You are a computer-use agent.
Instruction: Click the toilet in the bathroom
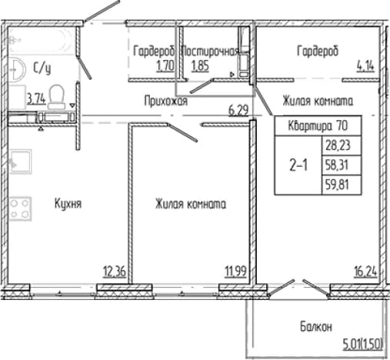(x=56, y=97)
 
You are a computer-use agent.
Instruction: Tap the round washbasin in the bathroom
(x=17, y=69)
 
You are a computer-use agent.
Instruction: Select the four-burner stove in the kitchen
(x=20, y=208)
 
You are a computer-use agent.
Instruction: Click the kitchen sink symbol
(x=20, y=162)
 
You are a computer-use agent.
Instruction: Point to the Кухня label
(x=68, y=204)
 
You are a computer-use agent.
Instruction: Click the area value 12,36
(x=115, y=272)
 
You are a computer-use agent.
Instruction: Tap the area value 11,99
(x=235, y=272)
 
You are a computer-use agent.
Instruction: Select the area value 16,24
(x=365, y=272)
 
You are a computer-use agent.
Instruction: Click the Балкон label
(x=316, y=327)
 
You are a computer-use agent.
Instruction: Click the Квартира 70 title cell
(x=318, y=126)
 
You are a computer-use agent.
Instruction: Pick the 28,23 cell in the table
(x=342, y=145)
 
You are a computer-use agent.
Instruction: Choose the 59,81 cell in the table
(x=342, y=185)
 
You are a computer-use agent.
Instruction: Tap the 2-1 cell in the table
(x=298, y=165)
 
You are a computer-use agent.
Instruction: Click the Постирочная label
(x=210, y=52)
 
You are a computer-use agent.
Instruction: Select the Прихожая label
(x=166, y=101)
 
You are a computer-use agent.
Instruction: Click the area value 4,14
(x=365, y=66)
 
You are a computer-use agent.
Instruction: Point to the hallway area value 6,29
(x=238, y=111)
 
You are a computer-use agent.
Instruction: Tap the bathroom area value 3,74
(x=36, y=98)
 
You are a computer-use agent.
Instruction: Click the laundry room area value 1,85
(x=200, y=65)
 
